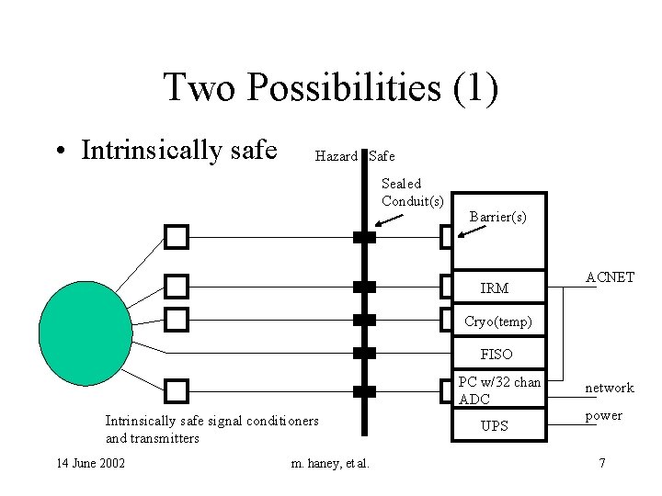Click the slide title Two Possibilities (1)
pyautogui.click(x=331, y=88)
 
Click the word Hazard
pyautogui.click(x=336, y=156)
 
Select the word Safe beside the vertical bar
pyautogui.click(x=382, y=156)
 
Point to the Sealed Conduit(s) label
pyautogui.click(x=413, y=192)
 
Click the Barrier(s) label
pyautogui.click(x=497, y=217)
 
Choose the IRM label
pyautogui.click(x=495, y=288)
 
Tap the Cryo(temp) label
pyautogui.click(x=496, y=321)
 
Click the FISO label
pyautogui.click(x=496, y=354)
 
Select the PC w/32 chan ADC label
pyautogui.click(x=499, y=390)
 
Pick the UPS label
pyautogui.click(x=495, y=426)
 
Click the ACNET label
pyautogui.click(x=610, y=276)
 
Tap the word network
pyautogui.click(x=610, y=388)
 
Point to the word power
pyautogui.click(x=604, y=415)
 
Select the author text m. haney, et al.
pyautogui.click(x=330, y=463)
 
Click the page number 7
pyautogui.click(x=602, y=463)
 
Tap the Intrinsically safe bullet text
pyautogui.click(x=179, y=150)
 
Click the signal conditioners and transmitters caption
pyautogui.click(x=212, y=429)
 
